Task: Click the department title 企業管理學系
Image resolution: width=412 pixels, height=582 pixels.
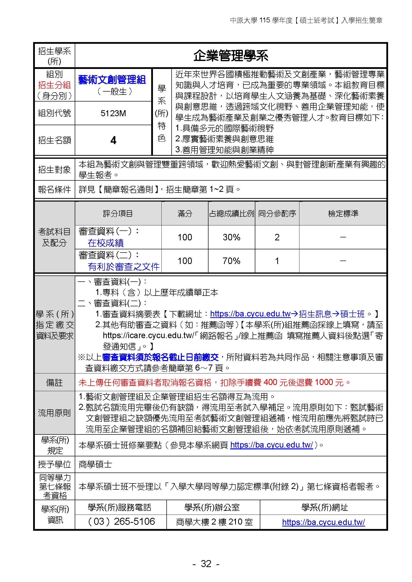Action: point(231,56)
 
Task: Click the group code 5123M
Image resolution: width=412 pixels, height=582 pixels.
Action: point(113,113)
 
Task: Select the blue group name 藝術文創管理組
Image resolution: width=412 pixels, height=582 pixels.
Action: point(112,80)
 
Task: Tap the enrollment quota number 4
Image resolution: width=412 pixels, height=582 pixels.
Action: point(113,140)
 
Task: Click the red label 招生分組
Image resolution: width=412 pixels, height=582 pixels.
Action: point(54,85)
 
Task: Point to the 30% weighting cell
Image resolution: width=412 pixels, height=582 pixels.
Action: point(231,237)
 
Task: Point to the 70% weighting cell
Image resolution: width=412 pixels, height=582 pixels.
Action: point(231,261)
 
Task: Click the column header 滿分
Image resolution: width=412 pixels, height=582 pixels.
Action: point(185,214)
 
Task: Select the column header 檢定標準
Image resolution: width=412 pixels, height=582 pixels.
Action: point(343,214)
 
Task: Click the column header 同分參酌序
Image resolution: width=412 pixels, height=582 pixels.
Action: point(277,214)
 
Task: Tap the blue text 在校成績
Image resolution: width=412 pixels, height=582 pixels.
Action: point(106,243)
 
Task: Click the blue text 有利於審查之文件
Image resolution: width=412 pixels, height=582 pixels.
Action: point(124,267)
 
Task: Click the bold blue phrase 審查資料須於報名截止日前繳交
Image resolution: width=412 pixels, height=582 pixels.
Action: point(160,357)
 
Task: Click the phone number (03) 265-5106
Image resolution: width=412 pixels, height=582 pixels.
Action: point(121,522)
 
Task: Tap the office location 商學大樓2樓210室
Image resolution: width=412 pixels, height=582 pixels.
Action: point(214,522)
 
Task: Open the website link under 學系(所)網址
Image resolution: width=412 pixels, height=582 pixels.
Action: point(324,522)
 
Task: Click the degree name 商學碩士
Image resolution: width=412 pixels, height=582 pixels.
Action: point(95,465)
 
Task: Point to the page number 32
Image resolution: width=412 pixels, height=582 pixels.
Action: point(206,564)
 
